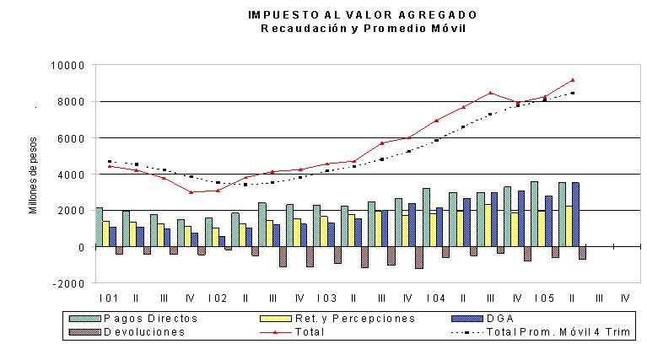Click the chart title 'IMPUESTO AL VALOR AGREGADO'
[363, 15]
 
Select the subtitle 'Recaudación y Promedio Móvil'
[363, 29]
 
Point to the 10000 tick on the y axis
[67, 66]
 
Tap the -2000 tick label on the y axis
[68, 284]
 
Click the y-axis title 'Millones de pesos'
[33, 175]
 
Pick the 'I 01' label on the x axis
[109, 298]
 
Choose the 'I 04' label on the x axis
[436, 298]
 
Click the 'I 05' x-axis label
[544, 298]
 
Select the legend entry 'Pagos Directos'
[133, 319]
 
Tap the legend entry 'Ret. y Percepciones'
[337, 319]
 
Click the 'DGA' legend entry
[483, 319]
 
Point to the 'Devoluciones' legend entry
[127, 332]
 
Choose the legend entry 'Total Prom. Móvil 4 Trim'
[541, 332]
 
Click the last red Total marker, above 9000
[573, 80]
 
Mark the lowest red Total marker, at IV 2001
[191, 192]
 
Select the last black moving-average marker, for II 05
[573, 94]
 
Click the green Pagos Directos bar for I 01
[99, 228]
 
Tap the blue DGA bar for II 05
[575, 214]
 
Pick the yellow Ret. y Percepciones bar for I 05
[542, 228]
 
